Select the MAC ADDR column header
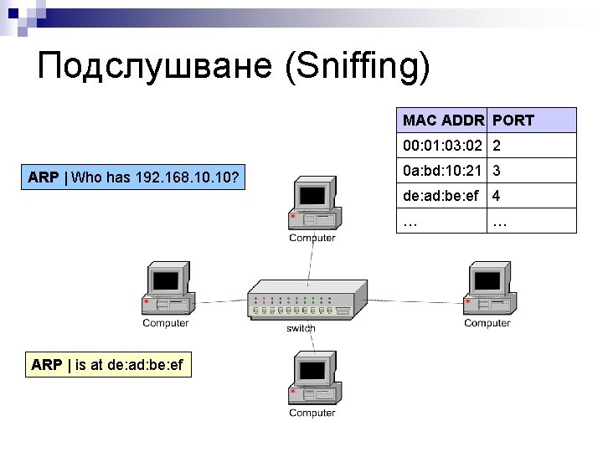pyautogui.click(x=442, y=121)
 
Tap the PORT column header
pyautogui.click(x=513, y=121)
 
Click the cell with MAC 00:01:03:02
pyautogui.click(x=442, y=146)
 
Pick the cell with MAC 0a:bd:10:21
pyautogui.click(x=442, y=171)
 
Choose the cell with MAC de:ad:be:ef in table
pyautogui.click(x=442, y=197)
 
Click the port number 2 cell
pyautogui.click(x=497, y=146)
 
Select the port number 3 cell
pyautogui.click(x=497, y=171)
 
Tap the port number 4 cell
pyautogui.click(x=497, y=197)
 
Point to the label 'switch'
pyautogui.click(x=301, y=328)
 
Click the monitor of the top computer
pyautogui.click(x=312, y=196)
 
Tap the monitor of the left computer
pyautogui.click(x=165, y=280)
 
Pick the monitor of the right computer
pyautogui.click(x=487, y=280)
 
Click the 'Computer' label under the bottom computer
pyautogui.click(x=312, y=413)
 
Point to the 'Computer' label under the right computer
pyautogui.click(x=487, y=323)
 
